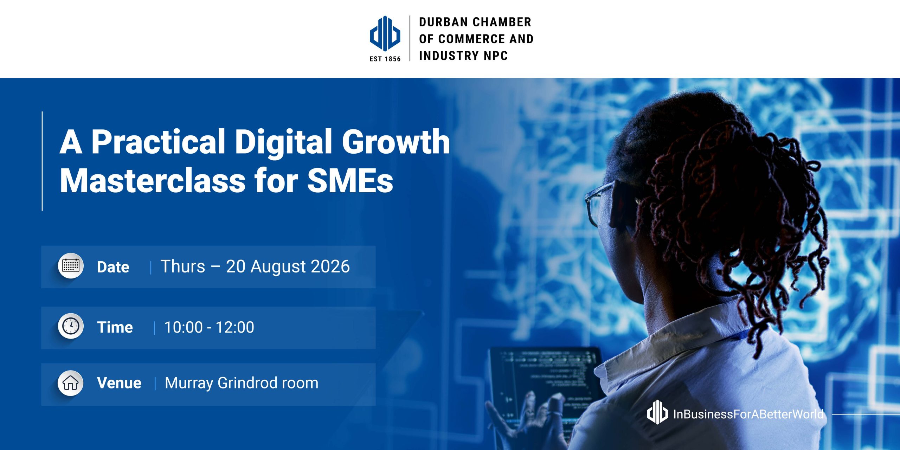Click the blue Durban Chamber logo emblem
tap(385, 33)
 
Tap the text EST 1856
tap(385, 59)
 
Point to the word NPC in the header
tap(496, 56)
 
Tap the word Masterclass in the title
tap(153, 181)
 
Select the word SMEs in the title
tap(350, 181)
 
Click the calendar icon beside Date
tap(71, 266)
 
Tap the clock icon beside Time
tap(71, 326)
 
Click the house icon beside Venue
tap(71, 383)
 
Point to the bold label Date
tap(113, 267)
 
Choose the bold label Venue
tap(119, 383)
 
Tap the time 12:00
tap(234, 327)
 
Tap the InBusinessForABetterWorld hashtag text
tap(748, 414)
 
